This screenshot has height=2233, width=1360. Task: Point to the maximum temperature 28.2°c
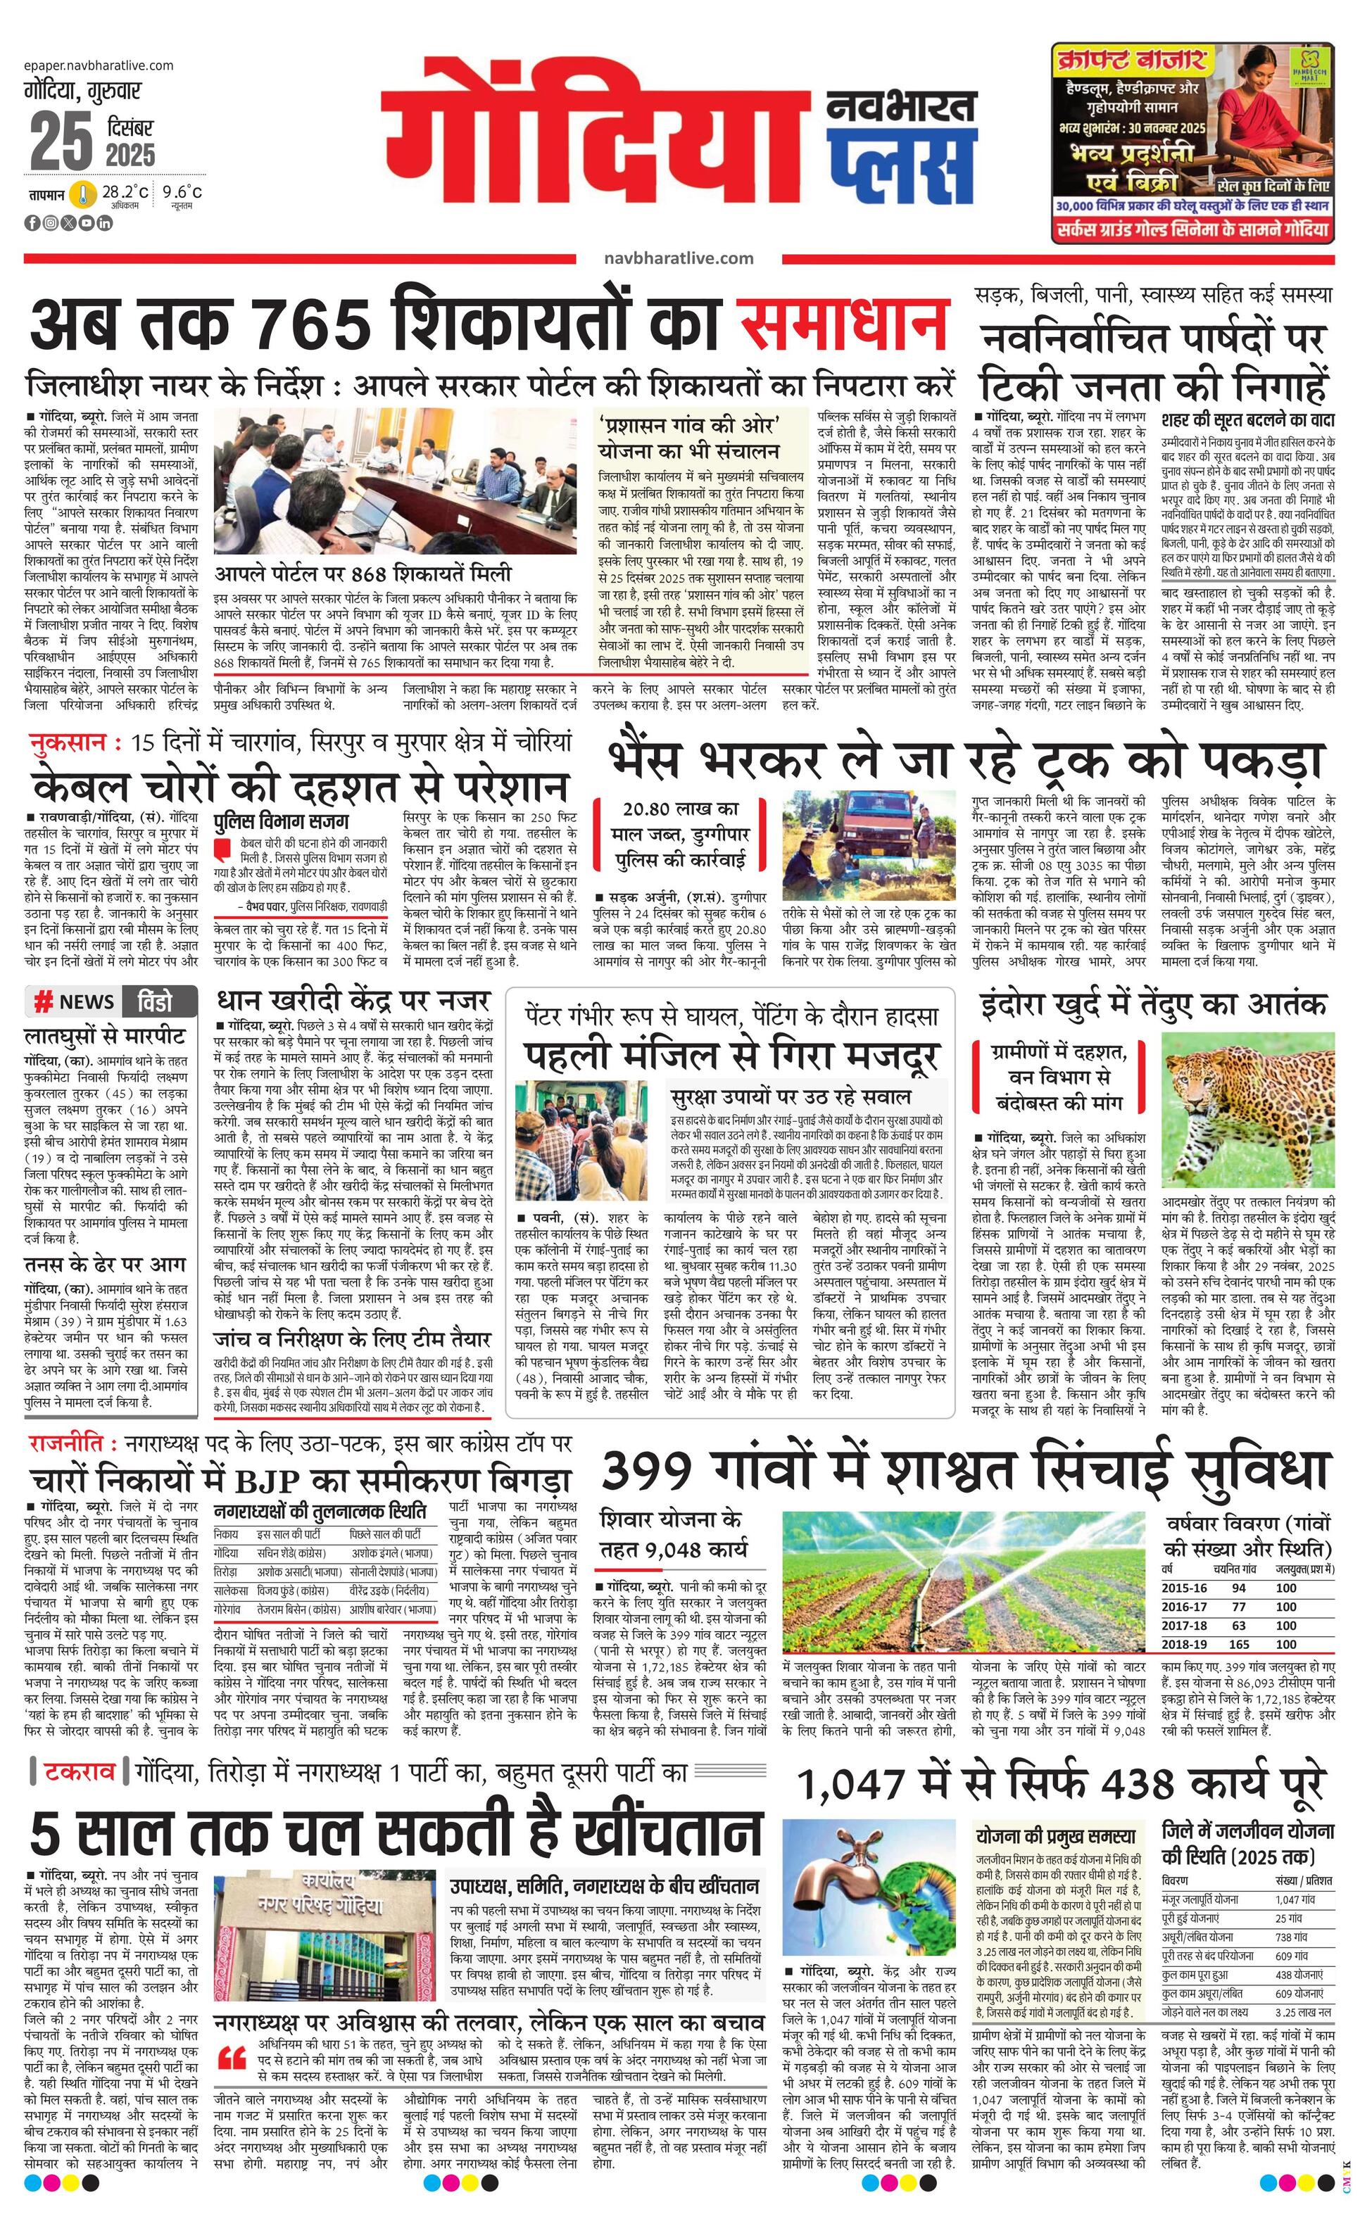124,192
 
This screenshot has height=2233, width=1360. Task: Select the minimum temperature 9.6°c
182,192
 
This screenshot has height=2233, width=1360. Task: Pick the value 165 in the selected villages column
1238,1644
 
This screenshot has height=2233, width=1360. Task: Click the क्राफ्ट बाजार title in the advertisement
1130,61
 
